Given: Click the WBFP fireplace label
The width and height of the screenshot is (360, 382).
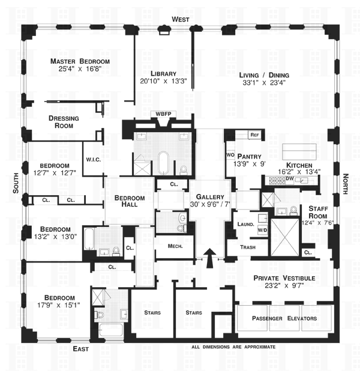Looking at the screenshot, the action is click(163, 114).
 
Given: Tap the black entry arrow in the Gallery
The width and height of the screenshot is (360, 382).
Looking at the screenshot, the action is click(209, 258).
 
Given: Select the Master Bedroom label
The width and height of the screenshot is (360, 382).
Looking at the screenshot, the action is click(80, 61).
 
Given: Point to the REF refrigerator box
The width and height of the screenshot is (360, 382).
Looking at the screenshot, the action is click(254, 135).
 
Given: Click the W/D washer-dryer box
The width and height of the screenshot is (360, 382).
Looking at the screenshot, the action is click(262, 229).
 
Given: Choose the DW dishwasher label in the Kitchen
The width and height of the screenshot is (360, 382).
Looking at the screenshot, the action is click(290, 178).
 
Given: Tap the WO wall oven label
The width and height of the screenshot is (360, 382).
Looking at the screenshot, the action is click(230, 155).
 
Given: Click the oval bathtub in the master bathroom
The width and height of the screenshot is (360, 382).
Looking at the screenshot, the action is click(163, 163).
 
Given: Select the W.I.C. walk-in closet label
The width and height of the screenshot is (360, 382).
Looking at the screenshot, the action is click(94, 160).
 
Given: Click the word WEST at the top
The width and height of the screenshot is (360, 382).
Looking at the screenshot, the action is click(181, 19).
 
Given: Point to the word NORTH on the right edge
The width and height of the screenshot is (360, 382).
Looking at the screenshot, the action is click(346, 184).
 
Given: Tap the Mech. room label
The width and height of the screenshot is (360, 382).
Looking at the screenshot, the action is click(175, 246).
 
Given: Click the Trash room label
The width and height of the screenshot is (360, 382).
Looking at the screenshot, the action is click(248, 247).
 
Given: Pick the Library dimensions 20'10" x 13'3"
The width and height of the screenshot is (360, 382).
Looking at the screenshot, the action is click(163, 81).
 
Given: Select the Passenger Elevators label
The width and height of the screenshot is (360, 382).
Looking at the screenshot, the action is click(284, 318).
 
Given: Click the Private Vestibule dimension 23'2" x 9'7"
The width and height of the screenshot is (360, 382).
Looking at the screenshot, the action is click(284, 285).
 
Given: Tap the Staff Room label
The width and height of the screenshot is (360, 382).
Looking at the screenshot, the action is click(318, 212).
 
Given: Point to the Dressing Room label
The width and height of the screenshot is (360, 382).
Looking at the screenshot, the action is click(64, 122).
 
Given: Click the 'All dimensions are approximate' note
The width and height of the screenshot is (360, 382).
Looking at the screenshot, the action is click(233, 347).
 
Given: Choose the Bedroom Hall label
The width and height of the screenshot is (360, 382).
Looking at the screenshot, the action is click(130, 201).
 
